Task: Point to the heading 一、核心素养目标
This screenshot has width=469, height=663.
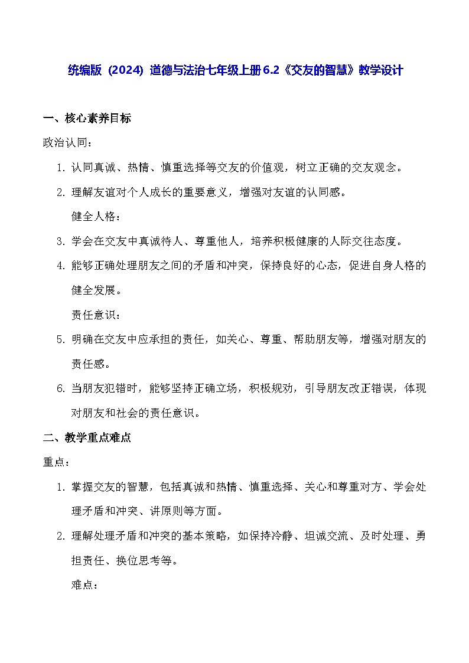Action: tap(87, 118)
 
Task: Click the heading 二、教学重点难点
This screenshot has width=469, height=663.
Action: tap(87, 437)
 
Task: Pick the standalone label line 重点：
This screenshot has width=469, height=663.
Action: tap(57, 462)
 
